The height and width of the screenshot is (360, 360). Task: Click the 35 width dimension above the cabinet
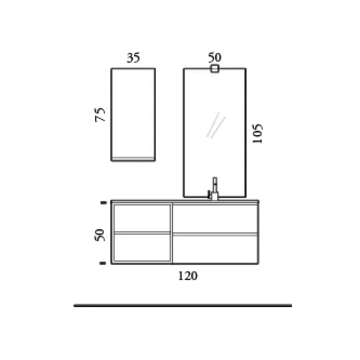tap(133, 58)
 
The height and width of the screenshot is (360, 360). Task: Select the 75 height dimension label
tap(101, 114)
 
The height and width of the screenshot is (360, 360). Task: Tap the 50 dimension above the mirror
tap(215, 57)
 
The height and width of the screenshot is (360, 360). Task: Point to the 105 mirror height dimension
tap(257, 134)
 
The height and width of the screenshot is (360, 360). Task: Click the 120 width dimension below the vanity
tap(188, 276)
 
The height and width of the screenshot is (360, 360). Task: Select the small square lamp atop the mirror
tap(215, 69)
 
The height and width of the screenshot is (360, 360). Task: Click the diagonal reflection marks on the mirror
tap(216, 125)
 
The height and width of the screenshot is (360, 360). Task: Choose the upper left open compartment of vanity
tap(142, 218)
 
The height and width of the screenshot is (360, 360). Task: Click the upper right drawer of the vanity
tap(215, 218)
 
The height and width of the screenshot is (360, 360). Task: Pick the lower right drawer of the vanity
tap(215, 249)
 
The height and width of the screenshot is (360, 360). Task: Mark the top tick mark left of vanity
tap(104, 203)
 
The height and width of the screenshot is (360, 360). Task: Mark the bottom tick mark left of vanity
tap(104, 263)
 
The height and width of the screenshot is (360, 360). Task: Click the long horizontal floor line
tap(183, 306)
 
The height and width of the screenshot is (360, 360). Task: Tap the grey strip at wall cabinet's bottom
tap(133, 159)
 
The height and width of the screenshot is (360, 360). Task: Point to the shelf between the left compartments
tap(142, 233)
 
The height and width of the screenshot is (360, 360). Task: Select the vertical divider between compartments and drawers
tap(172, 233)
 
